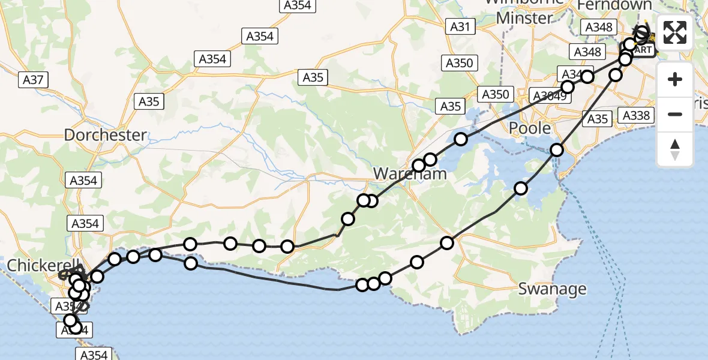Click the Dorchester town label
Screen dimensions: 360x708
click(x=105, y=135)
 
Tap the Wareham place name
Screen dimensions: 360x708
click(x=410, y=174)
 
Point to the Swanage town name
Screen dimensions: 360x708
click(x=553, y=289)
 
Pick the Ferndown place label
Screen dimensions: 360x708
click(x=614, y=5)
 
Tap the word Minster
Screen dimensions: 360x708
click(x=524, y=18)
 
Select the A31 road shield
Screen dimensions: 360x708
click(x=461, y=26)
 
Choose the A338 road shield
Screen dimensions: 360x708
click(x=637, y=115)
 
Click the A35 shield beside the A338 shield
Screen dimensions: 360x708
click(x=598, y=119)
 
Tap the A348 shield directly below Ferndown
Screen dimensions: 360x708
click(x=599, y=27)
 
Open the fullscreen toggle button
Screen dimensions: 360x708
click(x=675, y=32)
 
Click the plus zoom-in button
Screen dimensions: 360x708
click(x=675, y=79)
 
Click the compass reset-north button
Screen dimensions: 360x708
click(x=675, y=149)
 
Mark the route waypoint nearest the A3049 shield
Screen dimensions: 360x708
click(x=567, y=87)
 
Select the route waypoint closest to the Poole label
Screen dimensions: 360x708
click(x=557, y=149)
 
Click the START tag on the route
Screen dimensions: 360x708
click(x=640, y=50)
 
